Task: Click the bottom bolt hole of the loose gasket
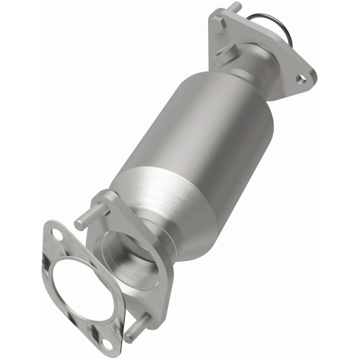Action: [x=107, y=343]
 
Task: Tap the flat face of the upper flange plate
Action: [x=288, y=58]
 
